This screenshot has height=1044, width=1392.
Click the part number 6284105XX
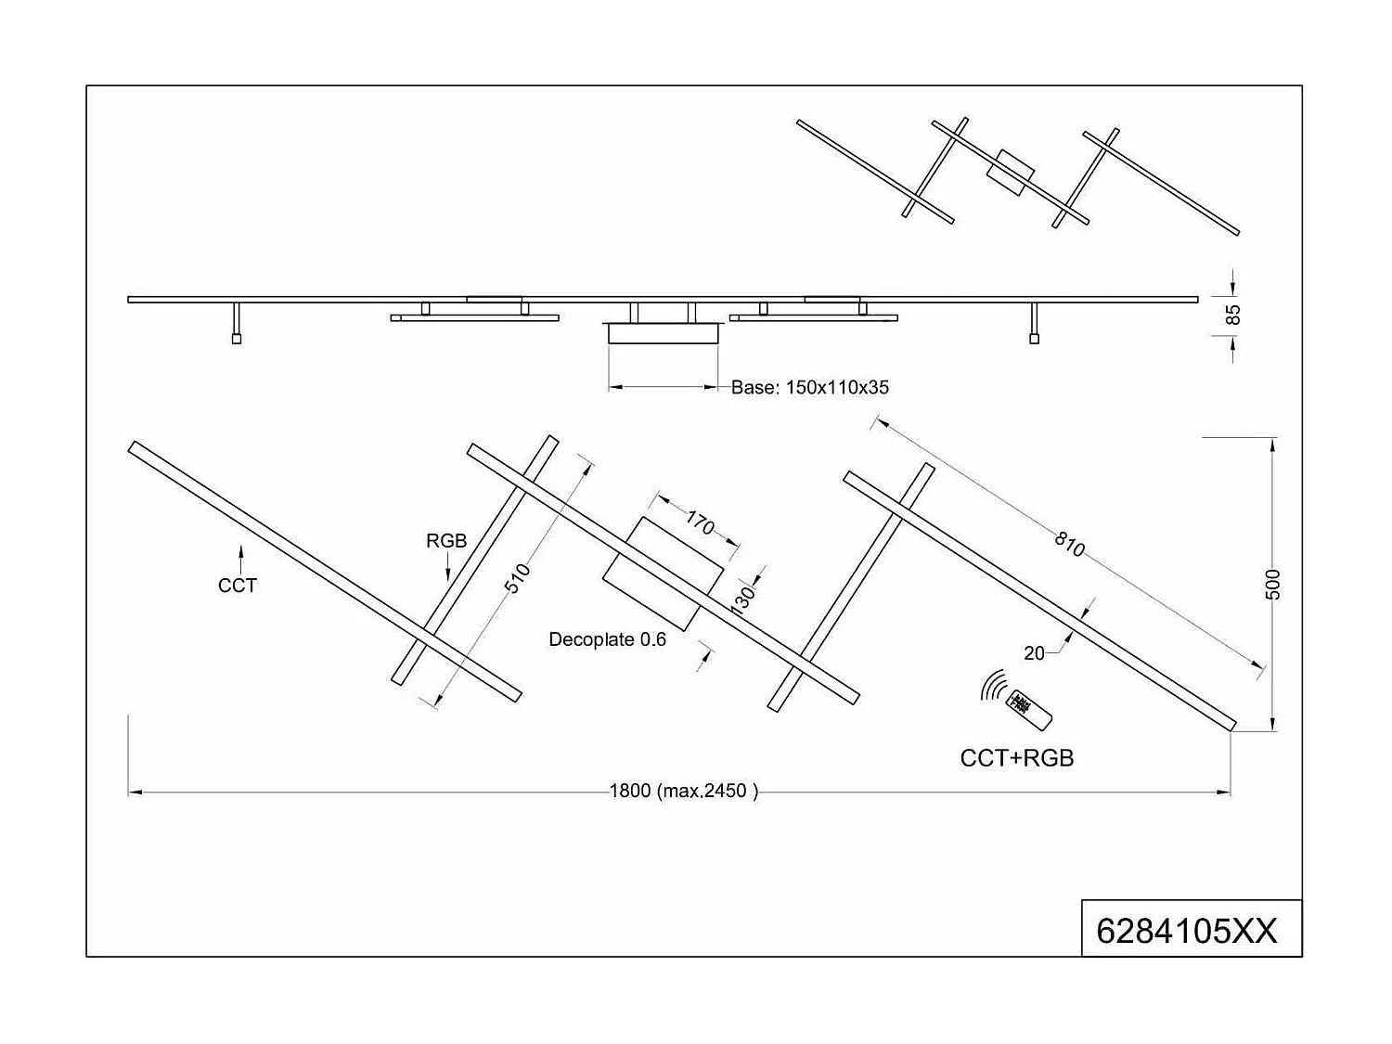point(1187,930)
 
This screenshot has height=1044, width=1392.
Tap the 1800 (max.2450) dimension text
point(683,792)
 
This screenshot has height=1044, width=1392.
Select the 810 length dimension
point(1069,545)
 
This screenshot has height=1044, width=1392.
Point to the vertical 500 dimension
point(1273,584)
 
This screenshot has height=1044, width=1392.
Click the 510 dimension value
point(517,578)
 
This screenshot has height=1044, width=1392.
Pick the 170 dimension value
point(700,523)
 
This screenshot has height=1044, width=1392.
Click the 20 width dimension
point(1034,653)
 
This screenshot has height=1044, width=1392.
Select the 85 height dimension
point(1232,315)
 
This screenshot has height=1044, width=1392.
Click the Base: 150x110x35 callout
point(809,388)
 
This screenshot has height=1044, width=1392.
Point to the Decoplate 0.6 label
point(607,639)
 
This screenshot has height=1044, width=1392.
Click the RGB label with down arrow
point(446,541)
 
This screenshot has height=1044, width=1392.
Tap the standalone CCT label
point(238,586)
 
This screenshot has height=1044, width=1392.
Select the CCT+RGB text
point(1016,758)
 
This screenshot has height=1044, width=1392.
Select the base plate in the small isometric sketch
point(1010,173)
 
